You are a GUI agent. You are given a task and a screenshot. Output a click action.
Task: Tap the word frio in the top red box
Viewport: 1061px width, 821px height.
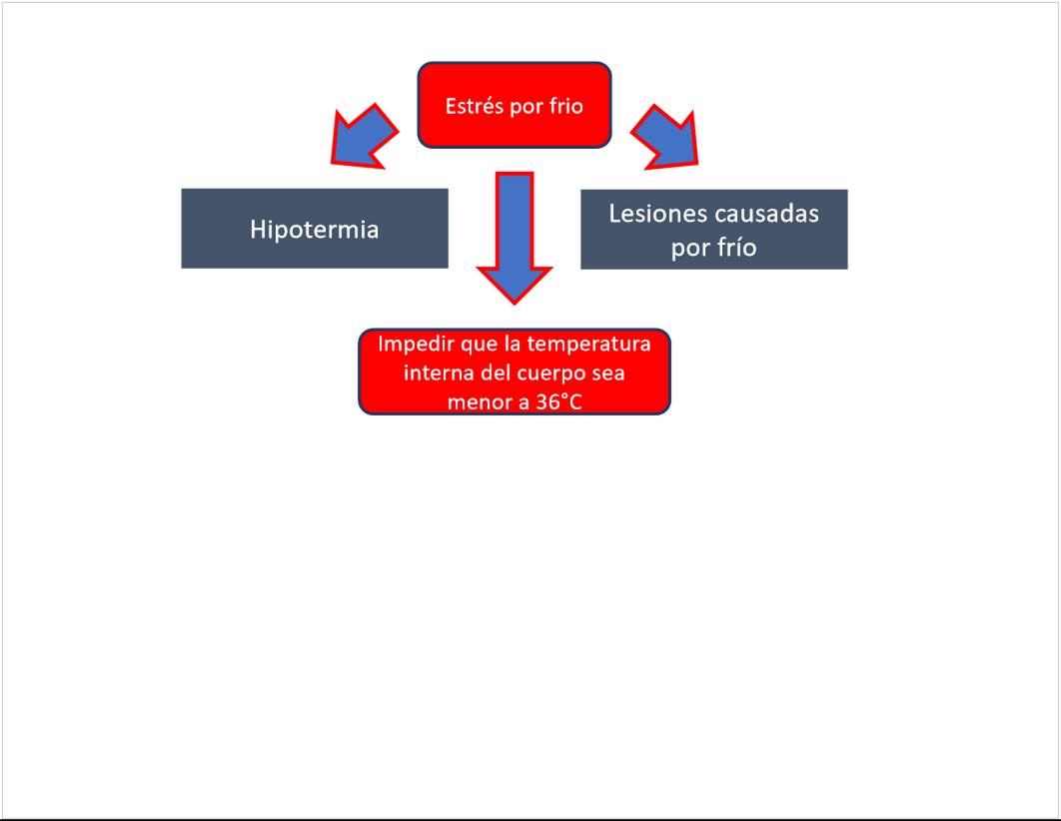(565, 106)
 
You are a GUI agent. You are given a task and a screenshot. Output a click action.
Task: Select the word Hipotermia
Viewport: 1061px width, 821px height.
(314, 230)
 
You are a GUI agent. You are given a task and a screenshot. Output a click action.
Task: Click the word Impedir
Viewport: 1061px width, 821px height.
(411, 345)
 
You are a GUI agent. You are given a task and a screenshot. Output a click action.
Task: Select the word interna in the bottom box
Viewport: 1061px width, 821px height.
(435, 374)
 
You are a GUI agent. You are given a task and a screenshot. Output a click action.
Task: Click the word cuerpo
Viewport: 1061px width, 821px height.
(550, 374)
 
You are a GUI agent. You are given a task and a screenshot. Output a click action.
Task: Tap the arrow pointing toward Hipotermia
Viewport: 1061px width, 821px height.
(364, 135)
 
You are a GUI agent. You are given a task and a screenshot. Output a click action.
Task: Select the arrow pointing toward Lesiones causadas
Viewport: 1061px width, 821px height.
(665, 135)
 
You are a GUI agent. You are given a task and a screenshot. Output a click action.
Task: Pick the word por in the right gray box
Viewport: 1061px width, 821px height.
(689, 248)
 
